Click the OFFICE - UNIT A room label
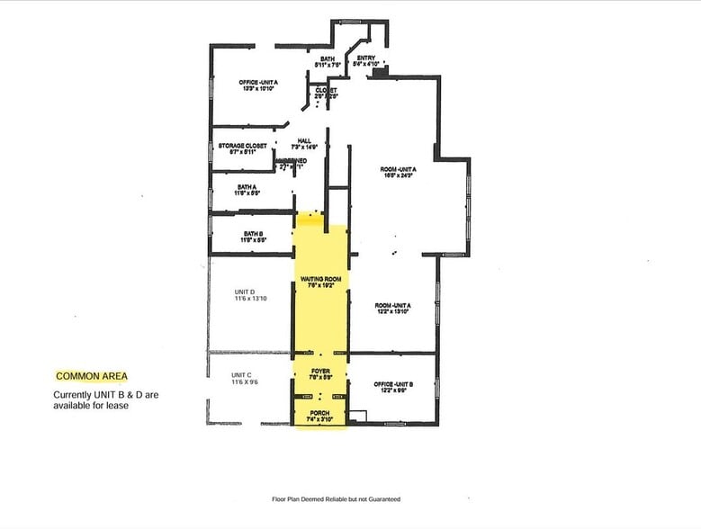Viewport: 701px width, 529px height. coord(258,82)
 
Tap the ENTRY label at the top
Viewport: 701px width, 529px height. coord(365,57)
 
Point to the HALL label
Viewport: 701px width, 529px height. coord(304,139)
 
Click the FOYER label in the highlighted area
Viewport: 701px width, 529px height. coord(321,370)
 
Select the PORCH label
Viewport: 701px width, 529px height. coord(320,413)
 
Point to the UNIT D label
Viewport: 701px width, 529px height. coord(244,291)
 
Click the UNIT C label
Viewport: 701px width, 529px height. coord(241,375)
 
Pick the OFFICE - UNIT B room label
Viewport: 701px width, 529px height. coord(393,384)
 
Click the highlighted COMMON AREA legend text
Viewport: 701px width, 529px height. coord(92,376)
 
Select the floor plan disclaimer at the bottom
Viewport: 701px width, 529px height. coord(336,498)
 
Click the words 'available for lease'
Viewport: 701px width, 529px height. coord(91,406)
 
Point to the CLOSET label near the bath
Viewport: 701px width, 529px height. coord(326,90)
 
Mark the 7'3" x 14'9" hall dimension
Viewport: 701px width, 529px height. coord(304,147)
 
